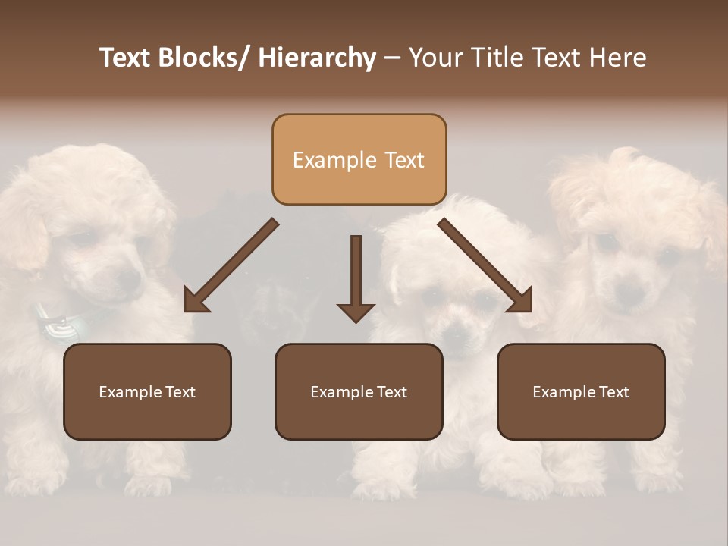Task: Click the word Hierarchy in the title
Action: tap(317, 58)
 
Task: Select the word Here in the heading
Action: tap(617, 58)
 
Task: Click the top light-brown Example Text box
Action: tap(359, 159)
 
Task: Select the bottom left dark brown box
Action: tap(147, 391)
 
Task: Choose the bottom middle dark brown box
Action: tap(359, 391)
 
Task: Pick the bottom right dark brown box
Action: tap(581, 391)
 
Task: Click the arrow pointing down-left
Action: tap(231, 265)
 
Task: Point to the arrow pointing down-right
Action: tap(485, 265)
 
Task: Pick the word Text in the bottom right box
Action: tap(613, 392)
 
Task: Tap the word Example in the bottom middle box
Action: tap(339, 392)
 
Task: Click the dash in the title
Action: tap(392, 58)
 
